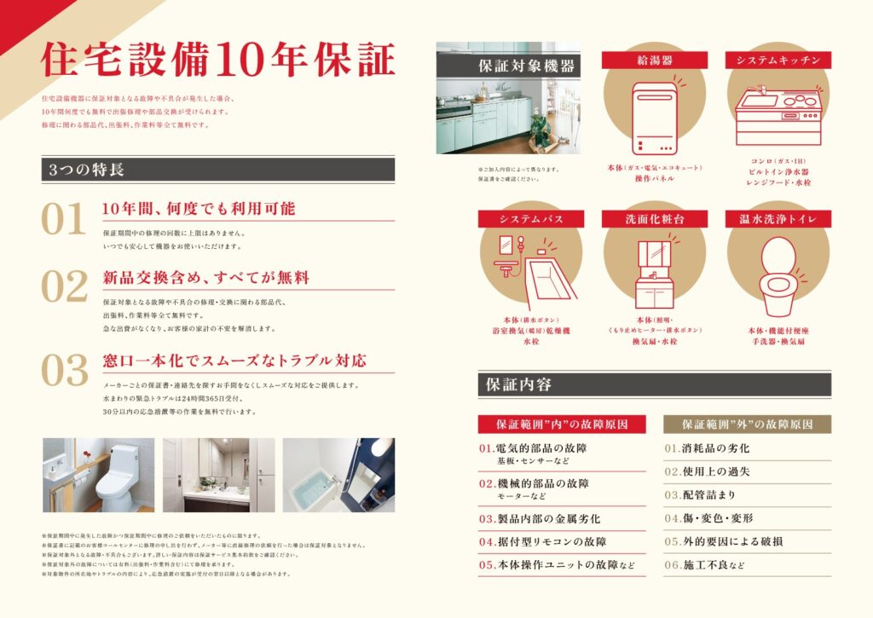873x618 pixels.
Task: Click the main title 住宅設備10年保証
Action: coord(218,62)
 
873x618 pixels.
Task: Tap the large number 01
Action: coord(65,220)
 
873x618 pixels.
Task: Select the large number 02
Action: coord(65,287)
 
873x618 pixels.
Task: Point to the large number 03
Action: coord(65,371)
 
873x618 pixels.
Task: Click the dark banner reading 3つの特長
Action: coord(217,169)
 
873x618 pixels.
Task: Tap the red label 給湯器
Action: coord(654,60)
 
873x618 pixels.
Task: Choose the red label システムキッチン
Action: coord(778,60)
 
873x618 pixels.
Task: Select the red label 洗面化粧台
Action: coord(654,219)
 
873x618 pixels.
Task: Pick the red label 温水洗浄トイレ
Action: coord(778,219)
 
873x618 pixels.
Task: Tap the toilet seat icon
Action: coord(777,274)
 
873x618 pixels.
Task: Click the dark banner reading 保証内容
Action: coord(654,384)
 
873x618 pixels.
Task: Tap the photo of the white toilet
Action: coord(99,475)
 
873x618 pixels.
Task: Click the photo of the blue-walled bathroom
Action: coord(338,475)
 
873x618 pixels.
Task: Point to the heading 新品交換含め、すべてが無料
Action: coord(205,278)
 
